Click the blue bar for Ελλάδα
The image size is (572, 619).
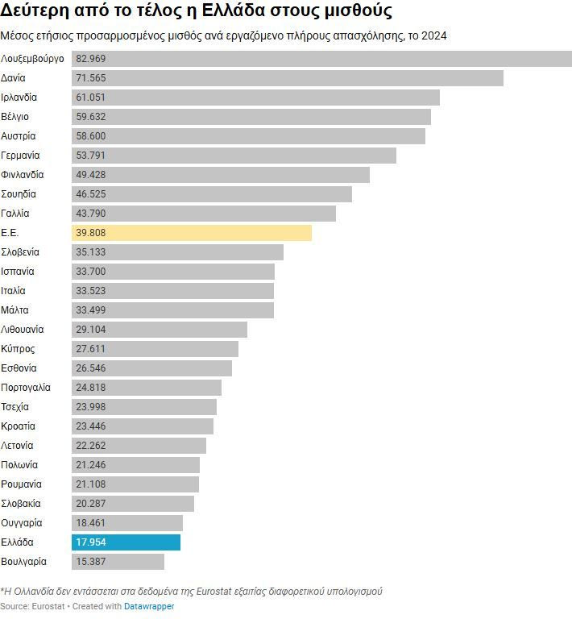(126, 542)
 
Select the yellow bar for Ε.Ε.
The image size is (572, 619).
(192, 233)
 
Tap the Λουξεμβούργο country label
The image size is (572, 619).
(33, 59)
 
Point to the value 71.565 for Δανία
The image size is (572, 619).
(91, 78)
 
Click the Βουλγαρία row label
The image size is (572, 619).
(24, 562)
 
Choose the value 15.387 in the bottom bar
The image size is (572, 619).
(91, 562)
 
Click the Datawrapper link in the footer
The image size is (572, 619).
(149, 606)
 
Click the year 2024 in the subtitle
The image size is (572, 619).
(433, 35)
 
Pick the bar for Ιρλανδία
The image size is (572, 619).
(255, 98)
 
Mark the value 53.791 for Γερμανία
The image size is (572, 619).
(91, 156)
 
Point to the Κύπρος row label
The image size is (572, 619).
(18, 349)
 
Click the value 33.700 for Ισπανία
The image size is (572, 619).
(91, 272)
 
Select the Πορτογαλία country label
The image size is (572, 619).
(26, 388)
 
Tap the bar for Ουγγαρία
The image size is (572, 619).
(127, 523)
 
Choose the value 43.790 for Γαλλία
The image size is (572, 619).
(91, 214)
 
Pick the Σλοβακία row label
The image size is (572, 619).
(21, 504)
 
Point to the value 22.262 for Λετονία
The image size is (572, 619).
(91, 446)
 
